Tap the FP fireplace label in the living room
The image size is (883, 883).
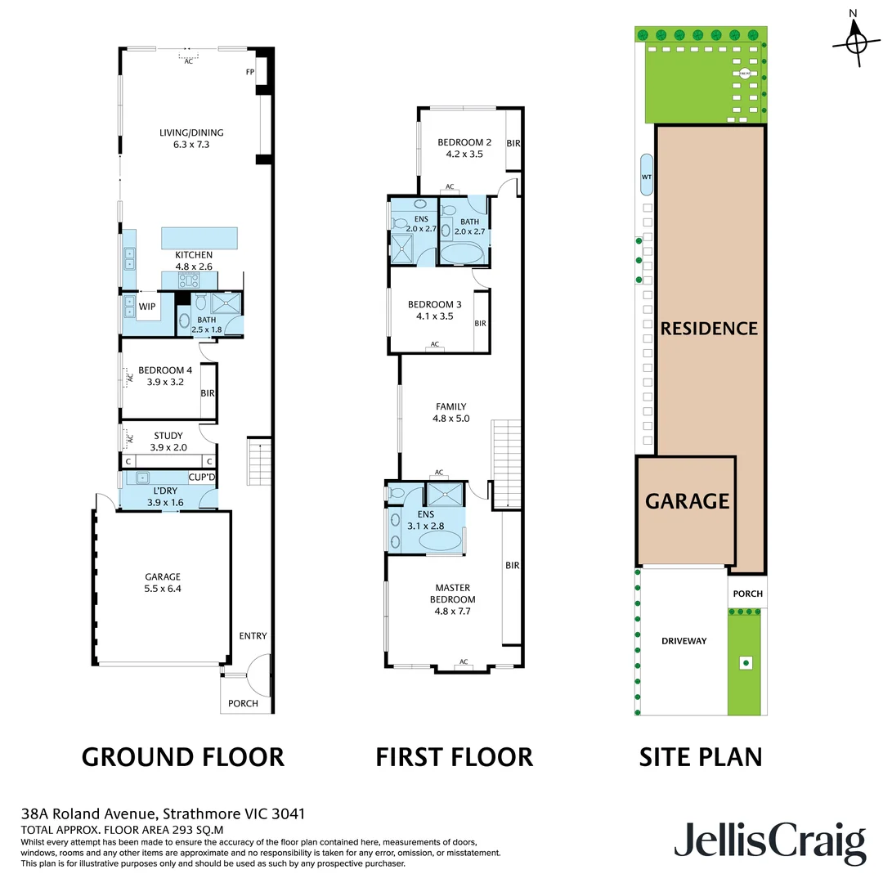[x=250, y=72]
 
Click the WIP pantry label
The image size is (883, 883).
[x=147, y=307]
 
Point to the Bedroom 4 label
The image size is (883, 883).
[x=161, y=376]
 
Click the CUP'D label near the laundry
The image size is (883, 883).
[x=201, y=477]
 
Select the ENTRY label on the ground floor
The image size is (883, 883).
[x=253, y=636]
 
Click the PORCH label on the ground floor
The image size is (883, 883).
[x=243, y=703]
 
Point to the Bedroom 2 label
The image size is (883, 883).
[x=461, y=146]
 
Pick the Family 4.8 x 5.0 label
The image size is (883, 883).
[x=450, y=412]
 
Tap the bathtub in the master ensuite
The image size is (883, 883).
[x=440, y=542]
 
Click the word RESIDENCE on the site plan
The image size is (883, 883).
[x=709, y=329]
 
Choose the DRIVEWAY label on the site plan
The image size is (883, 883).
[x=684, y=641]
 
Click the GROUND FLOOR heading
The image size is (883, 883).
[x=183, y=757]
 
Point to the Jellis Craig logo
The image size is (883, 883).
[x=769, y=843]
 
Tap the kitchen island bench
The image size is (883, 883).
[x=200, y=238]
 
